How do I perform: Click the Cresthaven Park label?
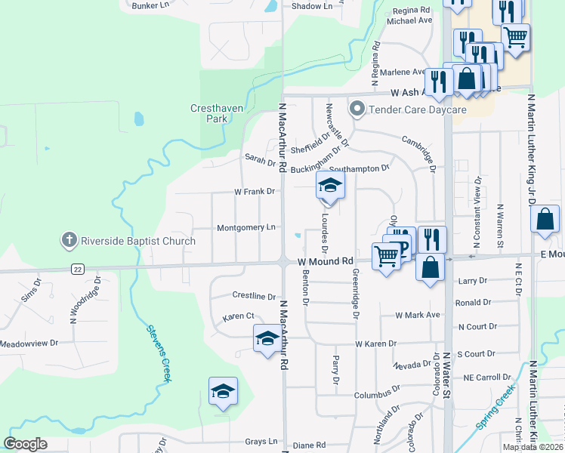pos(217,113)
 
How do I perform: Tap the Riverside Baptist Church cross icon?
pos(69,241)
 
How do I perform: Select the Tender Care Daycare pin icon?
pos(357,109)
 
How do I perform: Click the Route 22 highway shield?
pos(77,269)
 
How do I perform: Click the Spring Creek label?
pos(495,407)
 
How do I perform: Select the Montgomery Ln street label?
pos(245,227)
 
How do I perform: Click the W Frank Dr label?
pos(254,192)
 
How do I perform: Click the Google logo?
pos(25,443)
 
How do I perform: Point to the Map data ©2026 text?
pos(533,447)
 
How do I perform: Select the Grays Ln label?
pos(258,442)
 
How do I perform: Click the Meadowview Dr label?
pos(29,344)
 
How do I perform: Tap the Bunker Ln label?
pos(150,5)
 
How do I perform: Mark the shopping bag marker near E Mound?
pos(545,219)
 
